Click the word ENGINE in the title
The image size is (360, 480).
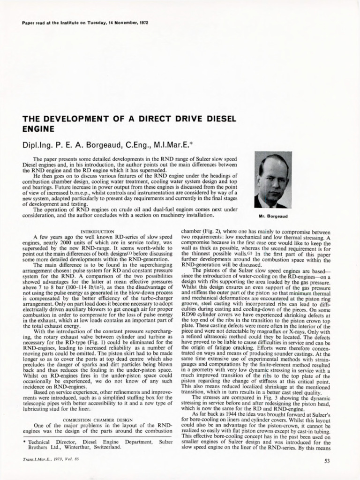point(38,128)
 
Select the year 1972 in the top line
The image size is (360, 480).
point(141,23)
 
